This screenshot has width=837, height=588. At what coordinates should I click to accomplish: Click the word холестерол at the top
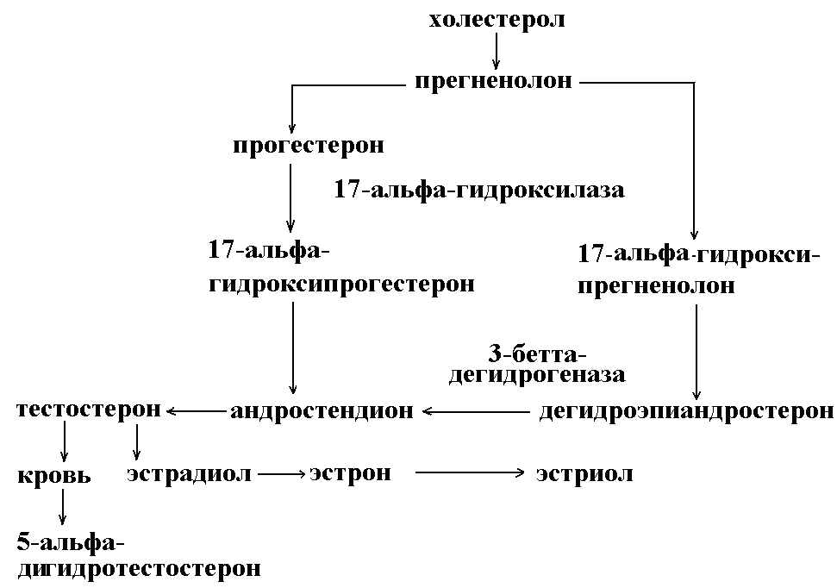497,19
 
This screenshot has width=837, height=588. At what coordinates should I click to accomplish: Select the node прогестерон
308,145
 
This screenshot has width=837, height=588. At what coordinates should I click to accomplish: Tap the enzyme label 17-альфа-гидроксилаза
478,190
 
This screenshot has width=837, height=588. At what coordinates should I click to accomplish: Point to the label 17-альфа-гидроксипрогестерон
341,268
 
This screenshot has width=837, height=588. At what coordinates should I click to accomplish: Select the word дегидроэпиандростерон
685,412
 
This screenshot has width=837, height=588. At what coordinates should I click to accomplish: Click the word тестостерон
89,409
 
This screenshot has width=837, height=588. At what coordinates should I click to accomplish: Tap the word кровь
53,475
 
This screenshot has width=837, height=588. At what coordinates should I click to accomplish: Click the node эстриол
584,473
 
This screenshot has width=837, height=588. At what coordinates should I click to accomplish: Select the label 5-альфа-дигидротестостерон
138,556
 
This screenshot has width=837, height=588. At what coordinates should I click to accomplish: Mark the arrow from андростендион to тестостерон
196,412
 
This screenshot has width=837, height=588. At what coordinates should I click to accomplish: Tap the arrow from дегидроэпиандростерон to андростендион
475,412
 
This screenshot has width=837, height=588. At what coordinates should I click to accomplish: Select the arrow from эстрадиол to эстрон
282,473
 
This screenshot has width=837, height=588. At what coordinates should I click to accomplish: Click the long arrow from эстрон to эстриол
470,472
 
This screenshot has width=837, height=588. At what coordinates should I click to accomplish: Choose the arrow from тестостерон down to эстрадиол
136,442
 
